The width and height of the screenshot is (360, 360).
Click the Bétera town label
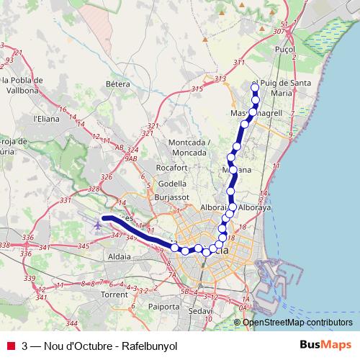pos(117,84)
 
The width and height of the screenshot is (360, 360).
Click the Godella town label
pos(172,183)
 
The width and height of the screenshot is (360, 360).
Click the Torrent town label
pos(114,295)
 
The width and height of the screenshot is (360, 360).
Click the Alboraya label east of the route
pos(258,206)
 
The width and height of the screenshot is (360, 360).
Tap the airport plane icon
pos(97,225)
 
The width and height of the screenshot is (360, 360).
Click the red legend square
pos(10,346)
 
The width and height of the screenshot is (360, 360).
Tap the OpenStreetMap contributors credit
pos(298,322)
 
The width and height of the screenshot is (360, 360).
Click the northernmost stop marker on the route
pos(254,88)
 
